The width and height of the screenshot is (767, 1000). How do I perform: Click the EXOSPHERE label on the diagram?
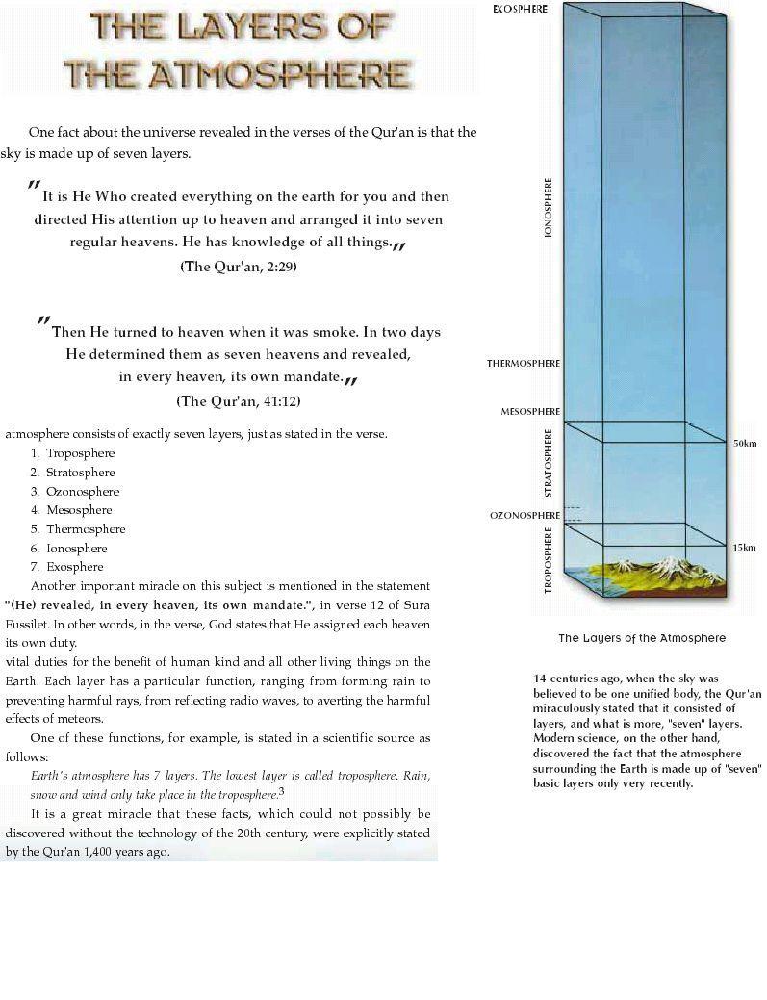pos(520,9)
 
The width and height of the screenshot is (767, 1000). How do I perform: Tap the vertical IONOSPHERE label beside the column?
pos(549,207)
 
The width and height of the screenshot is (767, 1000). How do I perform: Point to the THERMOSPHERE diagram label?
pos(524,364)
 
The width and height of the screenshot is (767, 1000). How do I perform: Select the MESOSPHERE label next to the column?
pos(530,412)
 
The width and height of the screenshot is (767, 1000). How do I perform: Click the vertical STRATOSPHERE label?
pos(549,463)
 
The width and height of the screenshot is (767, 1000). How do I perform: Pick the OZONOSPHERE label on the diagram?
pos(524,516)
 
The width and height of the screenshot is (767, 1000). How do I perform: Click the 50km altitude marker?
pos(744,443)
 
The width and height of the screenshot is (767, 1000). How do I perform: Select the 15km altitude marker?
pos(744,547)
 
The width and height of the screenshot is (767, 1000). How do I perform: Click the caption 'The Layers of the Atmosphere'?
pos(642,638)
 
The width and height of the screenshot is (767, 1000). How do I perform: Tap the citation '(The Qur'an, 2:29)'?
pos(239,267)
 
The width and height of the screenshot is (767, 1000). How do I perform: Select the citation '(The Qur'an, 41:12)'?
pos(245,400)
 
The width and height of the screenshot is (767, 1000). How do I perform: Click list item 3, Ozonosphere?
pos(82,492)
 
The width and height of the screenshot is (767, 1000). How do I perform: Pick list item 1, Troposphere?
pos(80,453)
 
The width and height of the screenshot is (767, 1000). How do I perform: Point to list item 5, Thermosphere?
pos(86,529)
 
